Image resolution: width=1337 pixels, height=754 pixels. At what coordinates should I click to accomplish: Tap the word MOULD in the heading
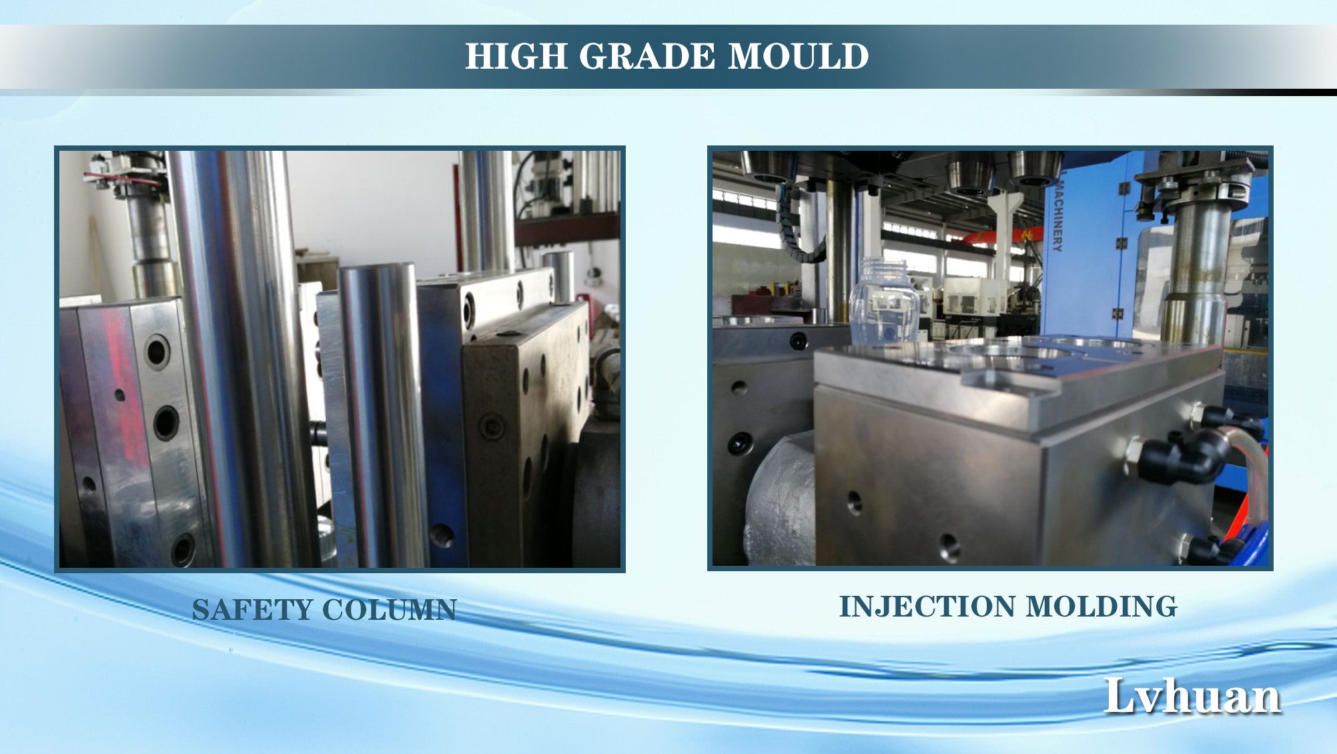pyautogui.click(x=799, y=56)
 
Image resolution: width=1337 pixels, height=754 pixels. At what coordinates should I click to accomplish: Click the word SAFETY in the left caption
pyautogui.click(x=252, y=610)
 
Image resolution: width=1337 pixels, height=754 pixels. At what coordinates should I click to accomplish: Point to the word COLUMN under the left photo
pyautogui.click(x=390, y=610)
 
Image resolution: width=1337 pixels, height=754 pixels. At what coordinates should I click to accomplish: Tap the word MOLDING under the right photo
pyautogui.click(x=1101, y=607)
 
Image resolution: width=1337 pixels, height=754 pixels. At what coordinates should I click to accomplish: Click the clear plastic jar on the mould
pyautogui.click(x=883, y=302)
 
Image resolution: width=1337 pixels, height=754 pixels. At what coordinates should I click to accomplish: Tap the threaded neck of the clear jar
pyautogui.click(x=885, y=269)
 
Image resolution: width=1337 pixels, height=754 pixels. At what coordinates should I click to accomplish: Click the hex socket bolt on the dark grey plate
pyautogui.click(x=492, y=426)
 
